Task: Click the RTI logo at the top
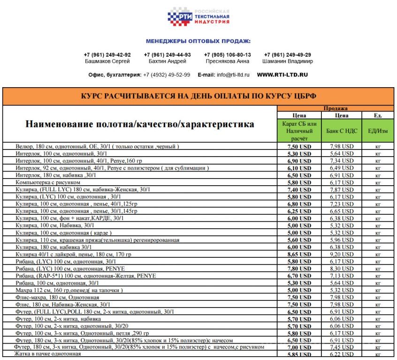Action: coord(198,17)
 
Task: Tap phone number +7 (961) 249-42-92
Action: coord(107,55)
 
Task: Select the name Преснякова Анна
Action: coord(227,61)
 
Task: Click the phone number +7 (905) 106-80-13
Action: coord(227,55)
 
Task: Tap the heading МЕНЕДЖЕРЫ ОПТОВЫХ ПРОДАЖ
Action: coord(198,41)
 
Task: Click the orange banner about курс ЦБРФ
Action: coord(198,96)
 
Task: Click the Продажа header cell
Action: coord(335,108)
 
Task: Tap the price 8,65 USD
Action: coord(299,254)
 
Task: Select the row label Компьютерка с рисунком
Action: coord(48,182)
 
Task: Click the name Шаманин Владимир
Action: coord(288,61)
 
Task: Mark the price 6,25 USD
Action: coord(299,211)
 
